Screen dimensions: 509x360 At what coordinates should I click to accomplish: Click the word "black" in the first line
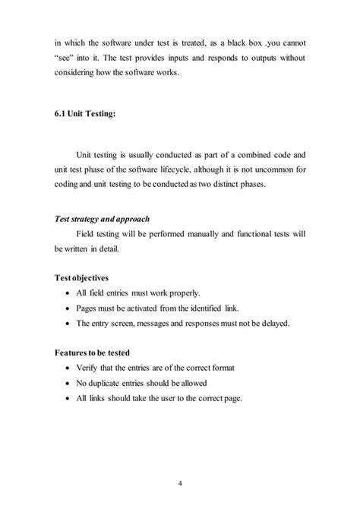click(x=251, y=36)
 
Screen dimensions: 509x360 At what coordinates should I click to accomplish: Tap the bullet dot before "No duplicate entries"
click(x=70, y=384)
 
